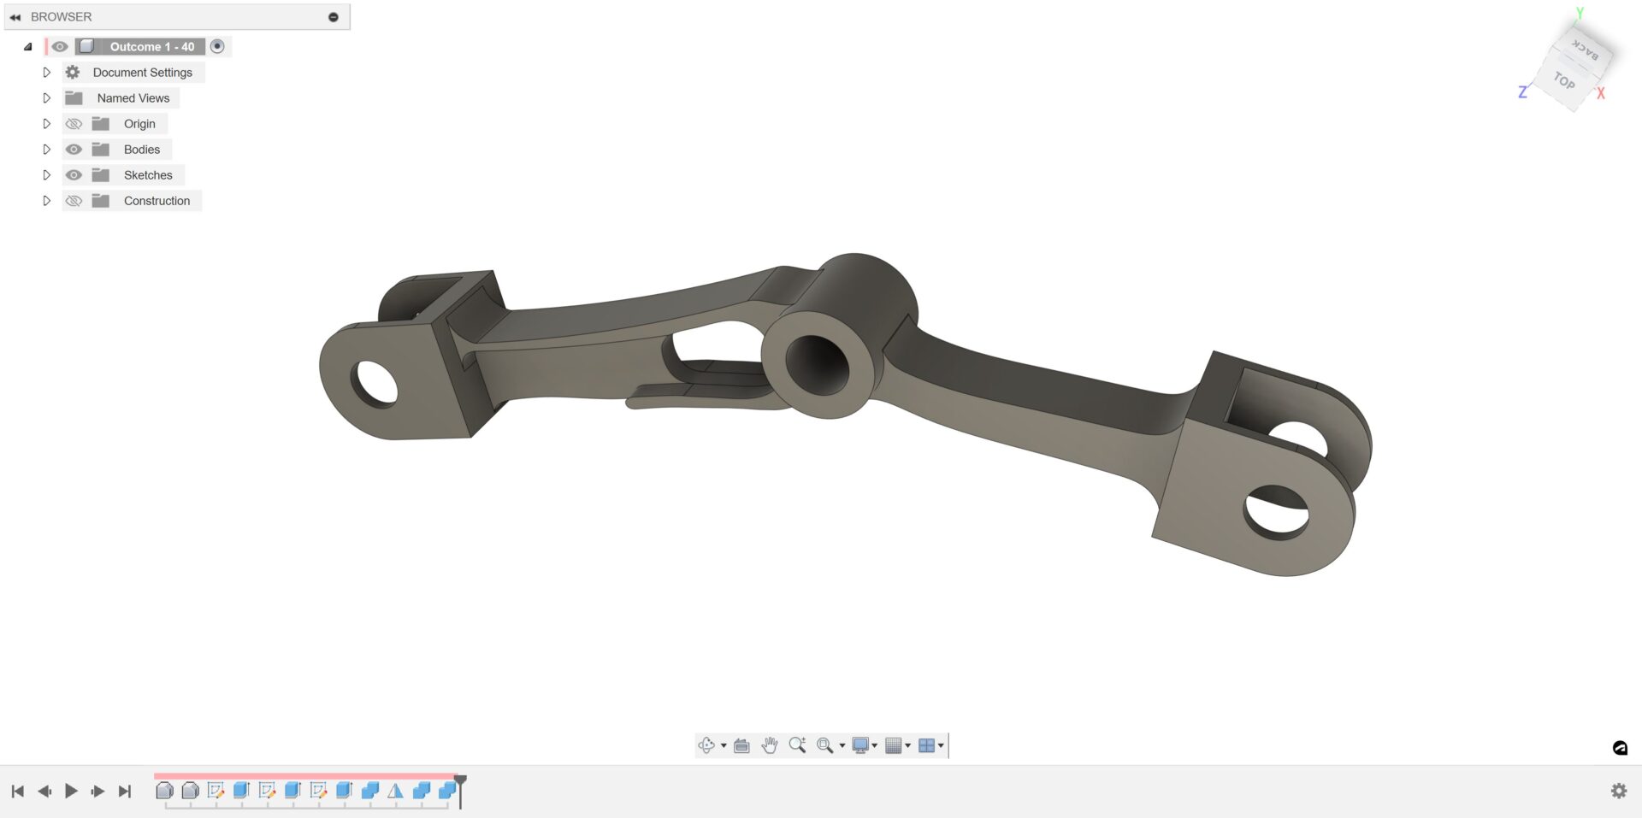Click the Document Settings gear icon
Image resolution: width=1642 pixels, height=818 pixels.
click(73, 73)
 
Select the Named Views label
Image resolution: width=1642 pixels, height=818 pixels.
click(133, 98)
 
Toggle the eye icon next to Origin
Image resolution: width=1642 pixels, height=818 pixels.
click(74, 124)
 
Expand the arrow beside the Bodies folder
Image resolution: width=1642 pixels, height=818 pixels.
click(47, 150)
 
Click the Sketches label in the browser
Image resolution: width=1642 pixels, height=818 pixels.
click(147, 175)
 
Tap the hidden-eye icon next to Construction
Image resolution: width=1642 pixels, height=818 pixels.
click(74, 201)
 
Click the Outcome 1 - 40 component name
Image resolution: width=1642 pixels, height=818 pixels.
click(151, 47)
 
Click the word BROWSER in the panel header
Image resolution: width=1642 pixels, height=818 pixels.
click(61, 17)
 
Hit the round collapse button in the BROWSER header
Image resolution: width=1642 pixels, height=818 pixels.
click(334, 17)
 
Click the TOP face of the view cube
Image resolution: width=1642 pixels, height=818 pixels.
click(1564, 81)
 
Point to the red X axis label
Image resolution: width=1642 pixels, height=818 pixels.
click(1601, 93)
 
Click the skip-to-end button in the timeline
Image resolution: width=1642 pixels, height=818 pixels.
click(125, 792)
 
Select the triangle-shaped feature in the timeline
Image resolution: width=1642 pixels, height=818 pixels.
click(395, 792)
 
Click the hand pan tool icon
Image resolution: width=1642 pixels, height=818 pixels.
click(770, 745)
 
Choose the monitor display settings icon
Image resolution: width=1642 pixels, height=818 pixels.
click(860, 745)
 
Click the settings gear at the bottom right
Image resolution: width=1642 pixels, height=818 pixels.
click(1619, 791)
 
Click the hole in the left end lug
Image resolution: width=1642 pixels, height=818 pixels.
click(375, 384)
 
